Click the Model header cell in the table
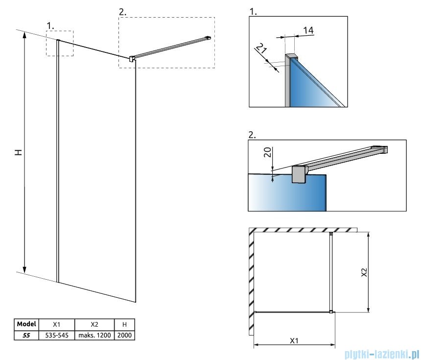[26, 324]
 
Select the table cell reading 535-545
[57, 335]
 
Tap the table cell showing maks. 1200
[94, 335]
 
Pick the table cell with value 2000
[124, 335]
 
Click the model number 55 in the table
[26, 335]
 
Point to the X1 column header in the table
[57, 324]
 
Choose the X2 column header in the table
[94, 324]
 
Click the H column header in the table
[124, 324]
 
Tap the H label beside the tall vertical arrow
[18, 153]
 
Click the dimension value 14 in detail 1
[308, 30]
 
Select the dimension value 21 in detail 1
[261, 48]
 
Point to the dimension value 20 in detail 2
[268, 152]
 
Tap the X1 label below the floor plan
[294, 341]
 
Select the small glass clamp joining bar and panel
[132, 59]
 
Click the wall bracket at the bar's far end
[209, 38]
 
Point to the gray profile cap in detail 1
[291, 56]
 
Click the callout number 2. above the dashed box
[122, 12]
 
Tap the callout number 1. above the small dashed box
[50, 25]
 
